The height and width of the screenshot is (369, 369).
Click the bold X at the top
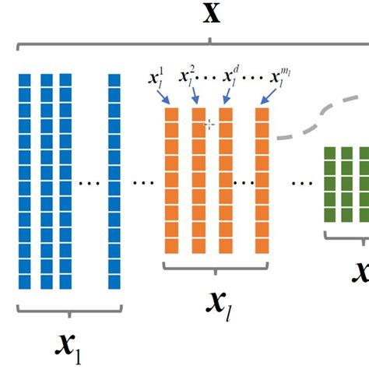210,15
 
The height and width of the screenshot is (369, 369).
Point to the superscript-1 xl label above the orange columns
156,79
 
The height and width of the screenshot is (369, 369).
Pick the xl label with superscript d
232,79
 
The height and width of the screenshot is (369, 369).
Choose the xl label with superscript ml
278,78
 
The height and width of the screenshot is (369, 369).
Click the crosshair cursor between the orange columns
209,124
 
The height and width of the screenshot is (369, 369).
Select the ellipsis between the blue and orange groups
143,184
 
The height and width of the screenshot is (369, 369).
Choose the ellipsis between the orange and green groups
299,184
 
